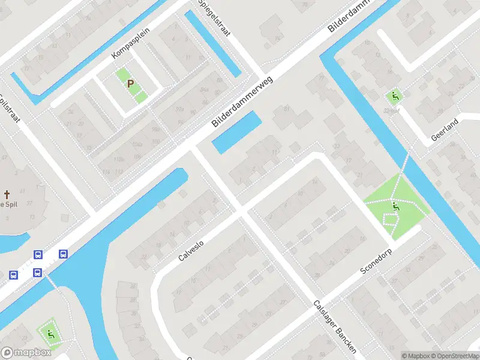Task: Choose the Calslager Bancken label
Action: [x=335, y=326]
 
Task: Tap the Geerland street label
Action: [x=445, y=130]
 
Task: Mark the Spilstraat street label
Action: [x=10, y=108]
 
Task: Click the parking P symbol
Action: [x=130, y=84]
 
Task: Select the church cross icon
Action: [x=7, y=194]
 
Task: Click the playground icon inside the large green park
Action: [x=395, y=207]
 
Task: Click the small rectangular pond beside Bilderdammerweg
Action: [x=237, y=132]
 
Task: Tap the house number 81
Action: [x=287, y=109]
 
